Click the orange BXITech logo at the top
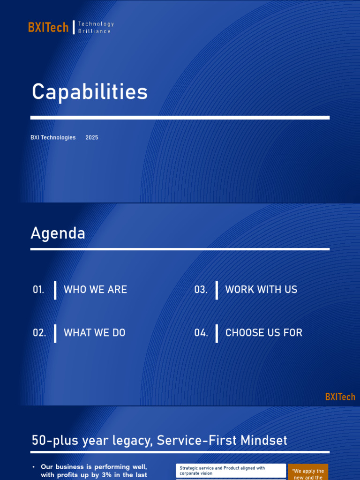pos(48,28)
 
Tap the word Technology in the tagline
pos(96,24)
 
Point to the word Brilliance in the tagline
pos(94,31)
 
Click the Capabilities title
pos(90,92)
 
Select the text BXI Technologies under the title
pos(53,138)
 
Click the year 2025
pos(92,138)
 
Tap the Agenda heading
pos(58,233)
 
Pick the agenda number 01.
pos(38,290)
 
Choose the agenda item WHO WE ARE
pos(95,290)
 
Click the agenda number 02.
pos(39,333)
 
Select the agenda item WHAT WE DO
pos(95,333)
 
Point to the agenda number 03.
pos(201,290)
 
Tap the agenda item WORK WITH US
pos(261,290)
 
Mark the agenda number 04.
pos(201,333)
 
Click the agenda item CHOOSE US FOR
pos(264,333)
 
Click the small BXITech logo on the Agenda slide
pos(340,397)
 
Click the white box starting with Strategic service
pos(231,471)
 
